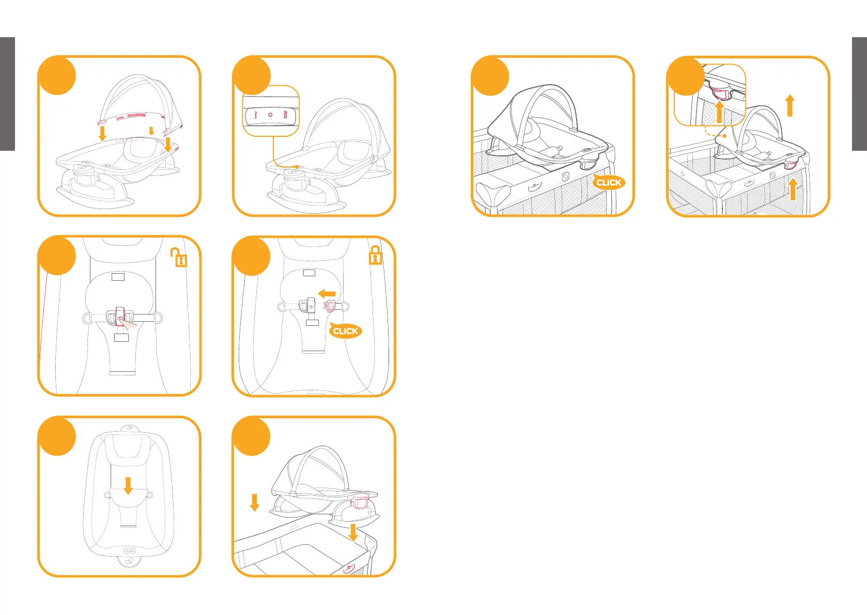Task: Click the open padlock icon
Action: [x=179, y=257]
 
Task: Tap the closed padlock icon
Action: [x=375, y=255]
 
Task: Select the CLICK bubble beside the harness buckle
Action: [x=345, y=331]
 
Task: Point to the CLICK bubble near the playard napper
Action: [x=609, y=182]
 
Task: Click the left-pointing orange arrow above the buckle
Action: [x=327, y=294]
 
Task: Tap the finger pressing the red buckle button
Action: [x=129, y=324]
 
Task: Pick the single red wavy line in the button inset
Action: [x=256, y=115]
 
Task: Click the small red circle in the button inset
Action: [x=270, y=115]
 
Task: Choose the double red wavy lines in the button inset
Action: [x=285, y=115]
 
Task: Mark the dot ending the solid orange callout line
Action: [x=297, y=167]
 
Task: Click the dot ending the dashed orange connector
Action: [x=725, y=136]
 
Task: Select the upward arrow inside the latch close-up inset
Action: [x=719, y=112]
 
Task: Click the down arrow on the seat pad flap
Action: [x=128, y=485]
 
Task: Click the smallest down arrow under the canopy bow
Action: [x=151, y=131]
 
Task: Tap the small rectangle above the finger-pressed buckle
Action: [x=118, y=277]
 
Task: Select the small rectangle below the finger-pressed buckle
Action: [x=121, y=338]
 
